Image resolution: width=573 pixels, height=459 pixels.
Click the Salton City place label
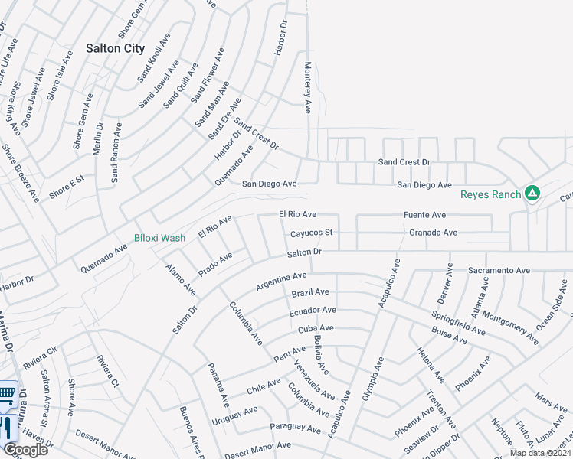click(x=115, y=48)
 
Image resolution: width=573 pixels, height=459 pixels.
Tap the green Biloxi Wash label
click(x=159, y=238)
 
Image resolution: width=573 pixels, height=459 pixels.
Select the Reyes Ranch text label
click(x=490, y=194)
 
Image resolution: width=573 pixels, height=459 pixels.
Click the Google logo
click(x=25, y=449)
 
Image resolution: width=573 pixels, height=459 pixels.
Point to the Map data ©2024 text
click(x=539, y=453)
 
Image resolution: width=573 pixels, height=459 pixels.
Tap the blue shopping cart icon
click(x=7, y=394)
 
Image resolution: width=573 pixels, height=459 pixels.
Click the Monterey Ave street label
click(x=308, y=88)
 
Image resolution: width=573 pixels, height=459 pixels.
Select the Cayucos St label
click(x=311, y=233)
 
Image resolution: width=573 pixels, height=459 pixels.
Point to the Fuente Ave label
click(x=424, y=216)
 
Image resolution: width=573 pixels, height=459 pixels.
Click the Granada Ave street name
click(x=433, y=233)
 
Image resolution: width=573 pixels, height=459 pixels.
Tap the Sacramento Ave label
click(x=499, y=271)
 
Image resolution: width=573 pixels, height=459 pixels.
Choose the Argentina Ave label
click(x=281, y=281)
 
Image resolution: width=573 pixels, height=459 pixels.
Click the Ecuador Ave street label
click(x=313, y=311)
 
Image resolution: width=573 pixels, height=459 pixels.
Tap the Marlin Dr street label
click(x=98, y=138)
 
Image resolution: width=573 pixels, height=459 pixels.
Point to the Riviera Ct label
click(x=106, y=373)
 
